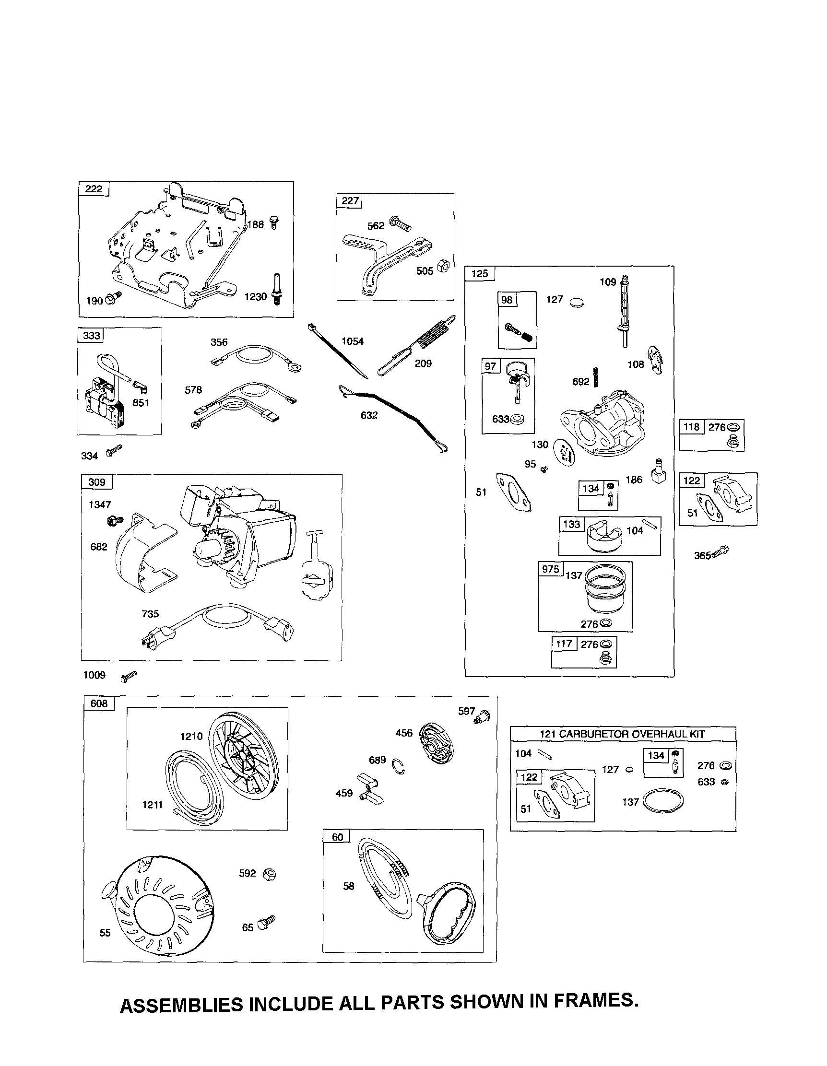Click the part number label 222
pyautogui.click(x=94, y=189)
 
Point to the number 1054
pyautogui.click(x=353, y=341)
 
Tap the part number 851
pyautogui.click(x=141, y=403)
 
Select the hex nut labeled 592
pyautogui.click(x=269, y=874)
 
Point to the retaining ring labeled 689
pyautogui.click(x=398, y=767)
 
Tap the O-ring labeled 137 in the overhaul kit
pyautogui.click(x=663, y=800)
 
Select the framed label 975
pyautogui.click(x=551, y=569)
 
